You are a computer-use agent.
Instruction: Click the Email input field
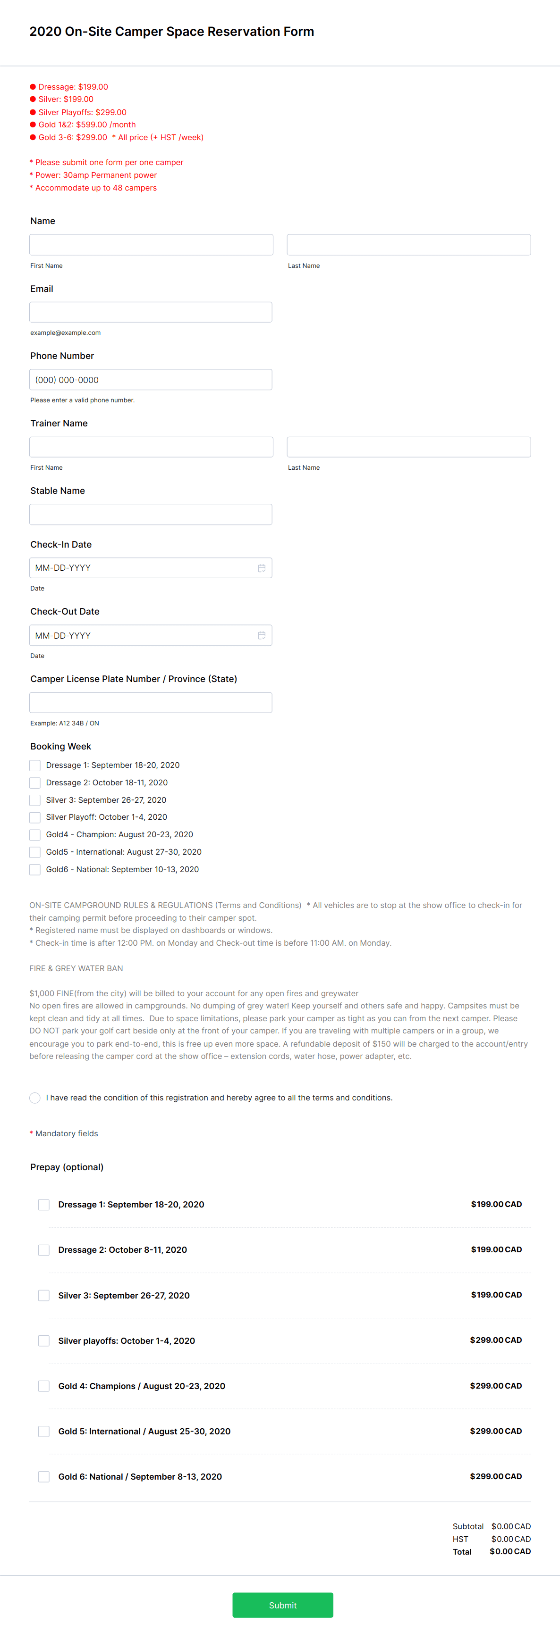[150, 312]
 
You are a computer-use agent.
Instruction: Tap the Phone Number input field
[150, 379]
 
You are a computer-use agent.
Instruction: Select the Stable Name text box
[150, 515]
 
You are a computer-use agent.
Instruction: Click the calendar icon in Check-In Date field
[261, 568]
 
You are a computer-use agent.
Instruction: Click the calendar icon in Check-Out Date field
[261, 635]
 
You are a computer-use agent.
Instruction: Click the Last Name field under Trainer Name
[408, 447]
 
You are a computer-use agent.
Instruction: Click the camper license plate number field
[150, 703]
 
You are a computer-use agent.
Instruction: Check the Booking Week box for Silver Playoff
[35, 817]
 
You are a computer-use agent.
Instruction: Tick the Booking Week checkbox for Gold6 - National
[35, 870]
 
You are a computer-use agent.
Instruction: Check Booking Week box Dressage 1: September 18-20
[35, 765]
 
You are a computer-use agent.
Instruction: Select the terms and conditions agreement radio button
[35, 1098]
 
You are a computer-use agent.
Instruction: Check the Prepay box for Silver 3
[44, 1296]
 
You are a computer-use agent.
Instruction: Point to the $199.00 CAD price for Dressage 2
[496, 1250]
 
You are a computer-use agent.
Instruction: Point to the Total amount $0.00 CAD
[509, 1551]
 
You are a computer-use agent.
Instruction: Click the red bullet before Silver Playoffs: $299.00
[33, 112]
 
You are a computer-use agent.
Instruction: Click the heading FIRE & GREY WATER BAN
[76, 968]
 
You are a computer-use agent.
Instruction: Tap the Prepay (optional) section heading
[67, 1167]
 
